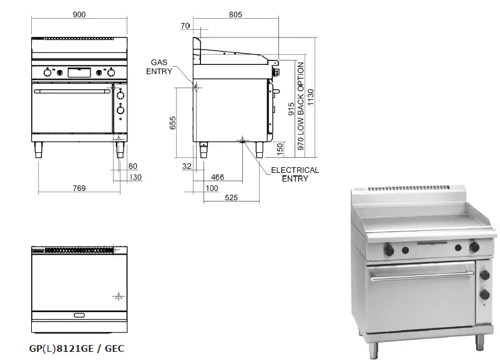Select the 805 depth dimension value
point(235,14)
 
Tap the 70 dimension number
point(185,26)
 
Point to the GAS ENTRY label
point(159,67)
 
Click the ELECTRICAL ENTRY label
point(295,174)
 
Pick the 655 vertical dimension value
point(173,122)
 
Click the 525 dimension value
point(232,198)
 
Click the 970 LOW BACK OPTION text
point(301,106)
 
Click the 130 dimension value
point(135,177)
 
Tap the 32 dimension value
point(187,166)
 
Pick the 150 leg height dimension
point(280,148)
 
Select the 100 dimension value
point(212,188)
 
